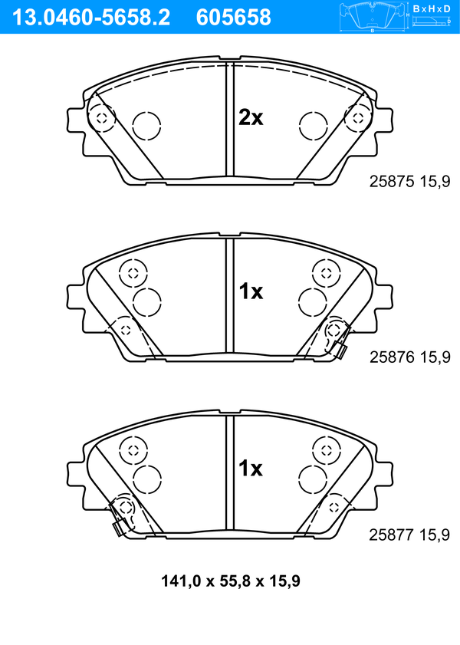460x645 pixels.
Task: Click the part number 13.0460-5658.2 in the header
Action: point(91,18)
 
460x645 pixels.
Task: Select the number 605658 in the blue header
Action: point(234,18)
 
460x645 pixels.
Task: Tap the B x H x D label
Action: point(432,8)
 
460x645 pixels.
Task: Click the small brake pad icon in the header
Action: point(373,17)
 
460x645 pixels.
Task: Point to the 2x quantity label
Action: point(251,118)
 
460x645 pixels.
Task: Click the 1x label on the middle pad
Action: point(251,291)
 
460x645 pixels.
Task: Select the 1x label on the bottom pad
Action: point(251,468)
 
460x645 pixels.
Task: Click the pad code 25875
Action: point(392,181)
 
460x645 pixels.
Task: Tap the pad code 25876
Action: point(392,357)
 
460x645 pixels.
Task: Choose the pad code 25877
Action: point(391,535)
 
